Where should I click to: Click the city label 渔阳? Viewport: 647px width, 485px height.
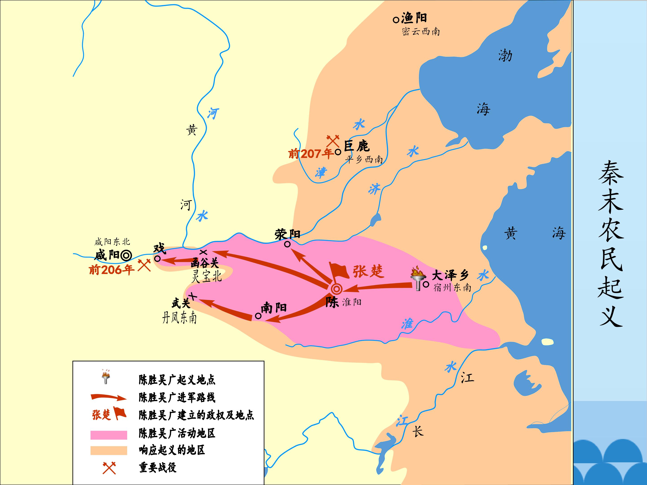pyautogui.click(x=414, y=18)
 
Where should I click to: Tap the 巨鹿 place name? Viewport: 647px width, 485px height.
pyautogui.click(x=357, y=146)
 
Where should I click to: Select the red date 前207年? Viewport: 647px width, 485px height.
pyautogui.click(x=311, y=154)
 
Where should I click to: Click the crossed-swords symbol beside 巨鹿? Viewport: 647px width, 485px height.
pyautogui.click(x=333, y=141)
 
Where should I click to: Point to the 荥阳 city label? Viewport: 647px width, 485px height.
pyautogui.click(x=288, y=234)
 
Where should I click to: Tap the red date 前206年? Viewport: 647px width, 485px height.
pyautogui.click(x=111, y=269)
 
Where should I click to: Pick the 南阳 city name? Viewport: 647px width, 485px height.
pyautogui.click(x=273, y=308)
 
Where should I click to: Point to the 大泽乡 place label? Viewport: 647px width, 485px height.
pyautogui.click(x=450, y=275)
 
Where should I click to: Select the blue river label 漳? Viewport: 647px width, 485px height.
pyautogui.click(x=321, y=173)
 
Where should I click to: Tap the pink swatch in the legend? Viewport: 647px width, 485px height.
pyautogui.click(x=109, y=435)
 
